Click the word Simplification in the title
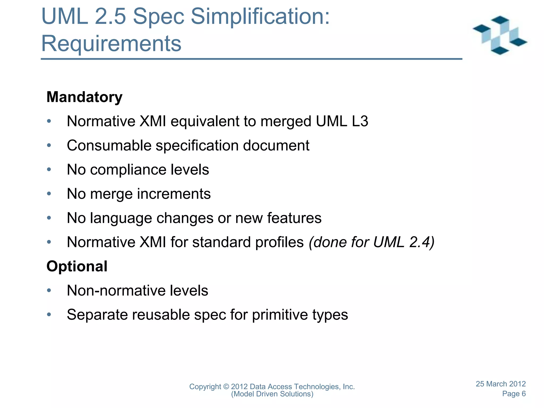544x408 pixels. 260,16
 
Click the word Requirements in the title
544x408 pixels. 111,44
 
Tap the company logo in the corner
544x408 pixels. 500,35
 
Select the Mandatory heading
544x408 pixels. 84,97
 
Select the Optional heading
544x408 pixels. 77,266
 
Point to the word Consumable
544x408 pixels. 109,146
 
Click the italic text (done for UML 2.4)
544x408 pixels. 371,242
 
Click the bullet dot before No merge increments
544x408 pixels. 49,194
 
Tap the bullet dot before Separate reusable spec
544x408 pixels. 49,315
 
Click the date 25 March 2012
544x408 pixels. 500,384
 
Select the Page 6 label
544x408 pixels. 514,394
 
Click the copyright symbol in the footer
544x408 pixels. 226,387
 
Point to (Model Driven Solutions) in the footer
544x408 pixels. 272,394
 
